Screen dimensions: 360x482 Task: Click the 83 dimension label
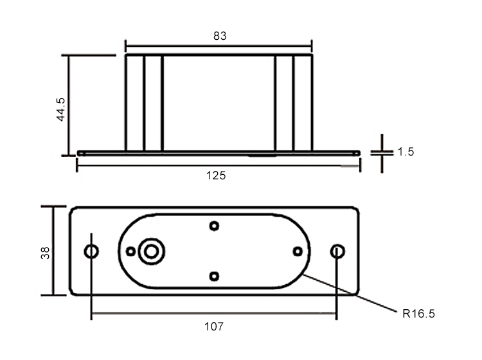coord(220,37)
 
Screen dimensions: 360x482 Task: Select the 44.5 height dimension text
coord(60,109)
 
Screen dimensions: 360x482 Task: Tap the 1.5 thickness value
coord(406,152)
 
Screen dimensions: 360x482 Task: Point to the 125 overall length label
coord(217,175)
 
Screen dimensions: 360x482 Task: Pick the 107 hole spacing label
coord(213,326)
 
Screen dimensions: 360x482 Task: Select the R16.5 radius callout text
coord(418,314)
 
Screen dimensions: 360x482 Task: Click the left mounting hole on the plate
coord(92,251)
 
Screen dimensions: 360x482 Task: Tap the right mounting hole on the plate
coord(337,251)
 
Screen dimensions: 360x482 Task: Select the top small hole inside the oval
coord(215,226)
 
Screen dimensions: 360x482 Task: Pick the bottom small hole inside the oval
coord(215,276)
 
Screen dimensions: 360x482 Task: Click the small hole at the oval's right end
coord(297,251)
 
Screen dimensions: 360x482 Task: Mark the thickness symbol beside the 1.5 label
coord(382,153)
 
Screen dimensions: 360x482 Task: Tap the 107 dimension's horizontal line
coord(214,315)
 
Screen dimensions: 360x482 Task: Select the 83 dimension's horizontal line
coord(219,46)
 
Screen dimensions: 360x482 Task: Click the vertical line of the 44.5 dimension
coord(69,106)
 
